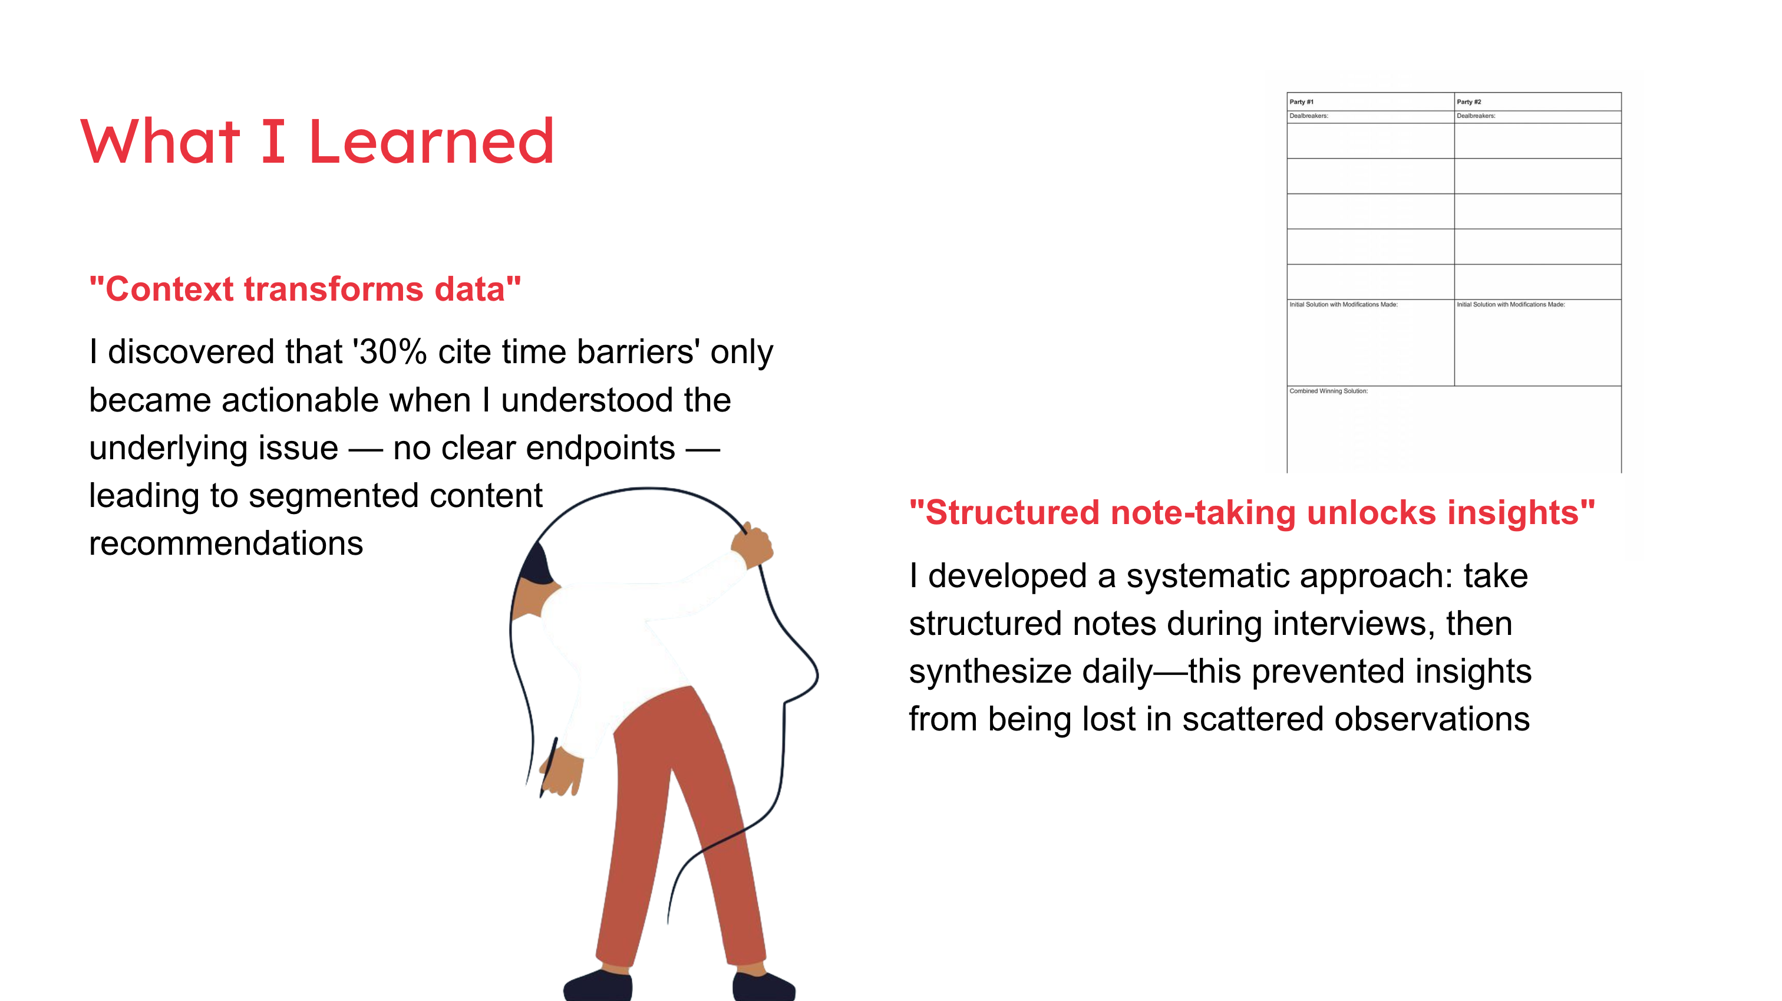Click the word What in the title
[x=160, y=141]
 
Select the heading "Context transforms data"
[x=305, y=289]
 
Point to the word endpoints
[x=534, y=449]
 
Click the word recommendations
[x=226, y=544]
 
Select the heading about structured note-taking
[x=1252, y=513]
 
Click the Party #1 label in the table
[x=1301, y=102]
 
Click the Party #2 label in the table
[x=1468, y=102]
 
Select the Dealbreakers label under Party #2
[x=1476, y=116]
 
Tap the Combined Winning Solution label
[x=1328, y=391]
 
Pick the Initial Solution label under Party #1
[x=1344, y=305]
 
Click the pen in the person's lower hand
[x=549, y=767]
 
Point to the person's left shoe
[x=598, y=985]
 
